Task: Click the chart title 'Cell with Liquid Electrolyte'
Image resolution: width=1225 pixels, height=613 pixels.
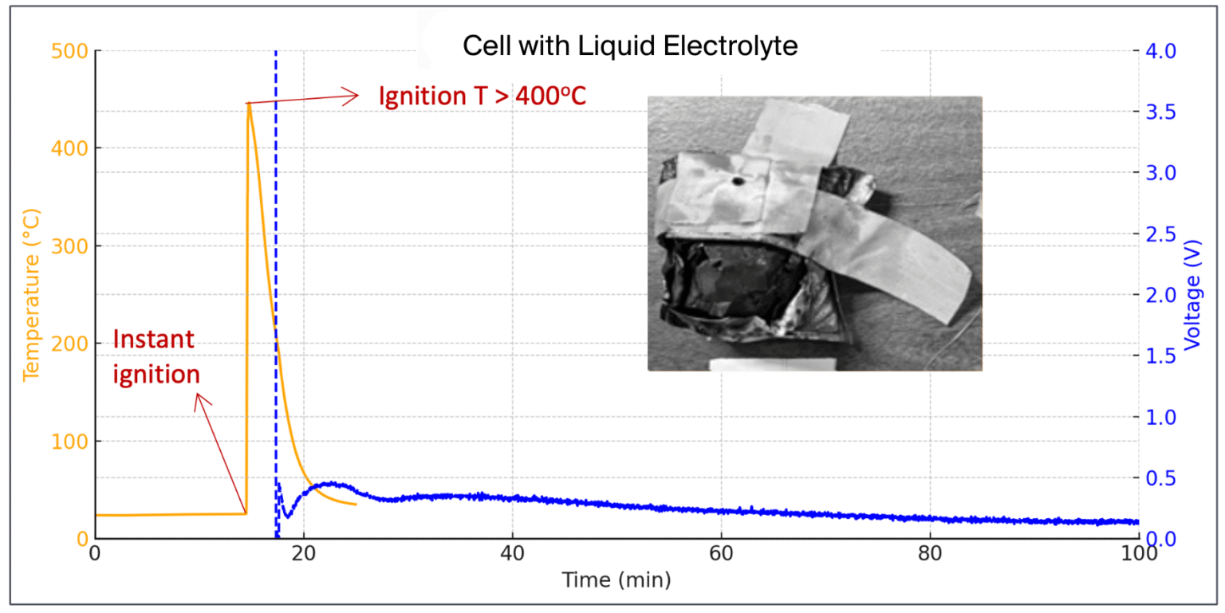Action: point(630,47)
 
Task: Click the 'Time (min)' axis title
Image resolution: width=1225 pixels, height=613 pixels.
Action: point(616,580)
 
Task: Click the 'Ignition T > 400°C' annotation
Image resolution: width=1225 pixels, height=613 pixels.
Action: point(483,96)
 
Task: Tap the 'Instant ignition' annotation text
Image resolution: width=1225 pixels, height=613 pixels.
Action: point(156,356)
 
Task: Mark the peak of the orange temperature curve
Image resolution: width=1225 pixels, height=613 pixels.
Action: point(249,103)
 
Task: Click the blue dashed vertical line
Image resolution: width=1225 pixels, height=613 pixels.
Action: point(276,239)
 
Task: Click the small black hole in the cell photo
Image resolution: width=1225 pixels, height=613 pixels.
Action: point(738,182)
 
